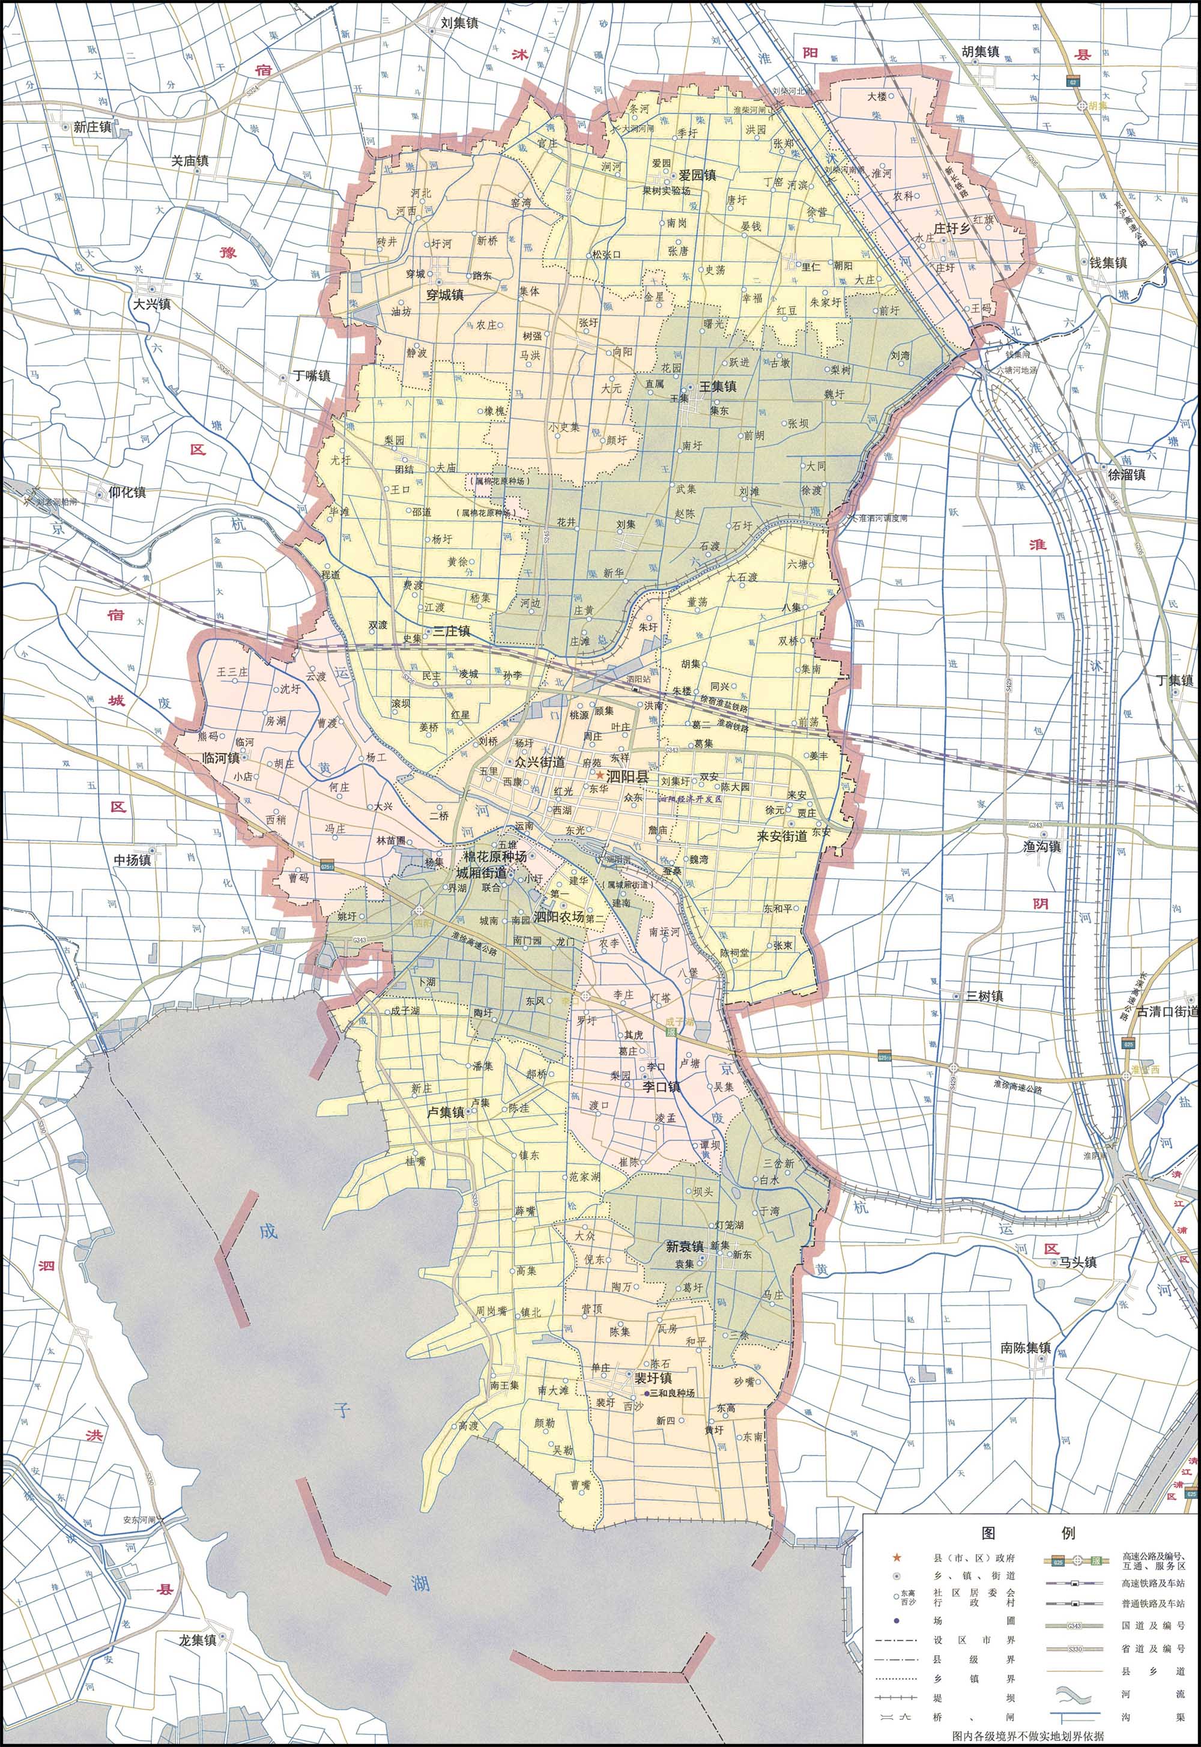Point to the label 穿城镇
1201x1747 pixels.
(x=446, y=295)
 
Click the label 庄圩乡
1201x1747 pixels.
(x=951, y=228)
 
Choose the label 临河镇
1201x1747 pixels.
(x=220, y=758)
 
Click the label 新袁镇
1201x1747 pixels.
(x=684, y=1247)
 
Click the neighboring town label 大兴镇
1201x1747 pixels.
(x=152, y=304)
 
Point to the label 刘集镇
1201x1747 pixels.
(x=459, y=23)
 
